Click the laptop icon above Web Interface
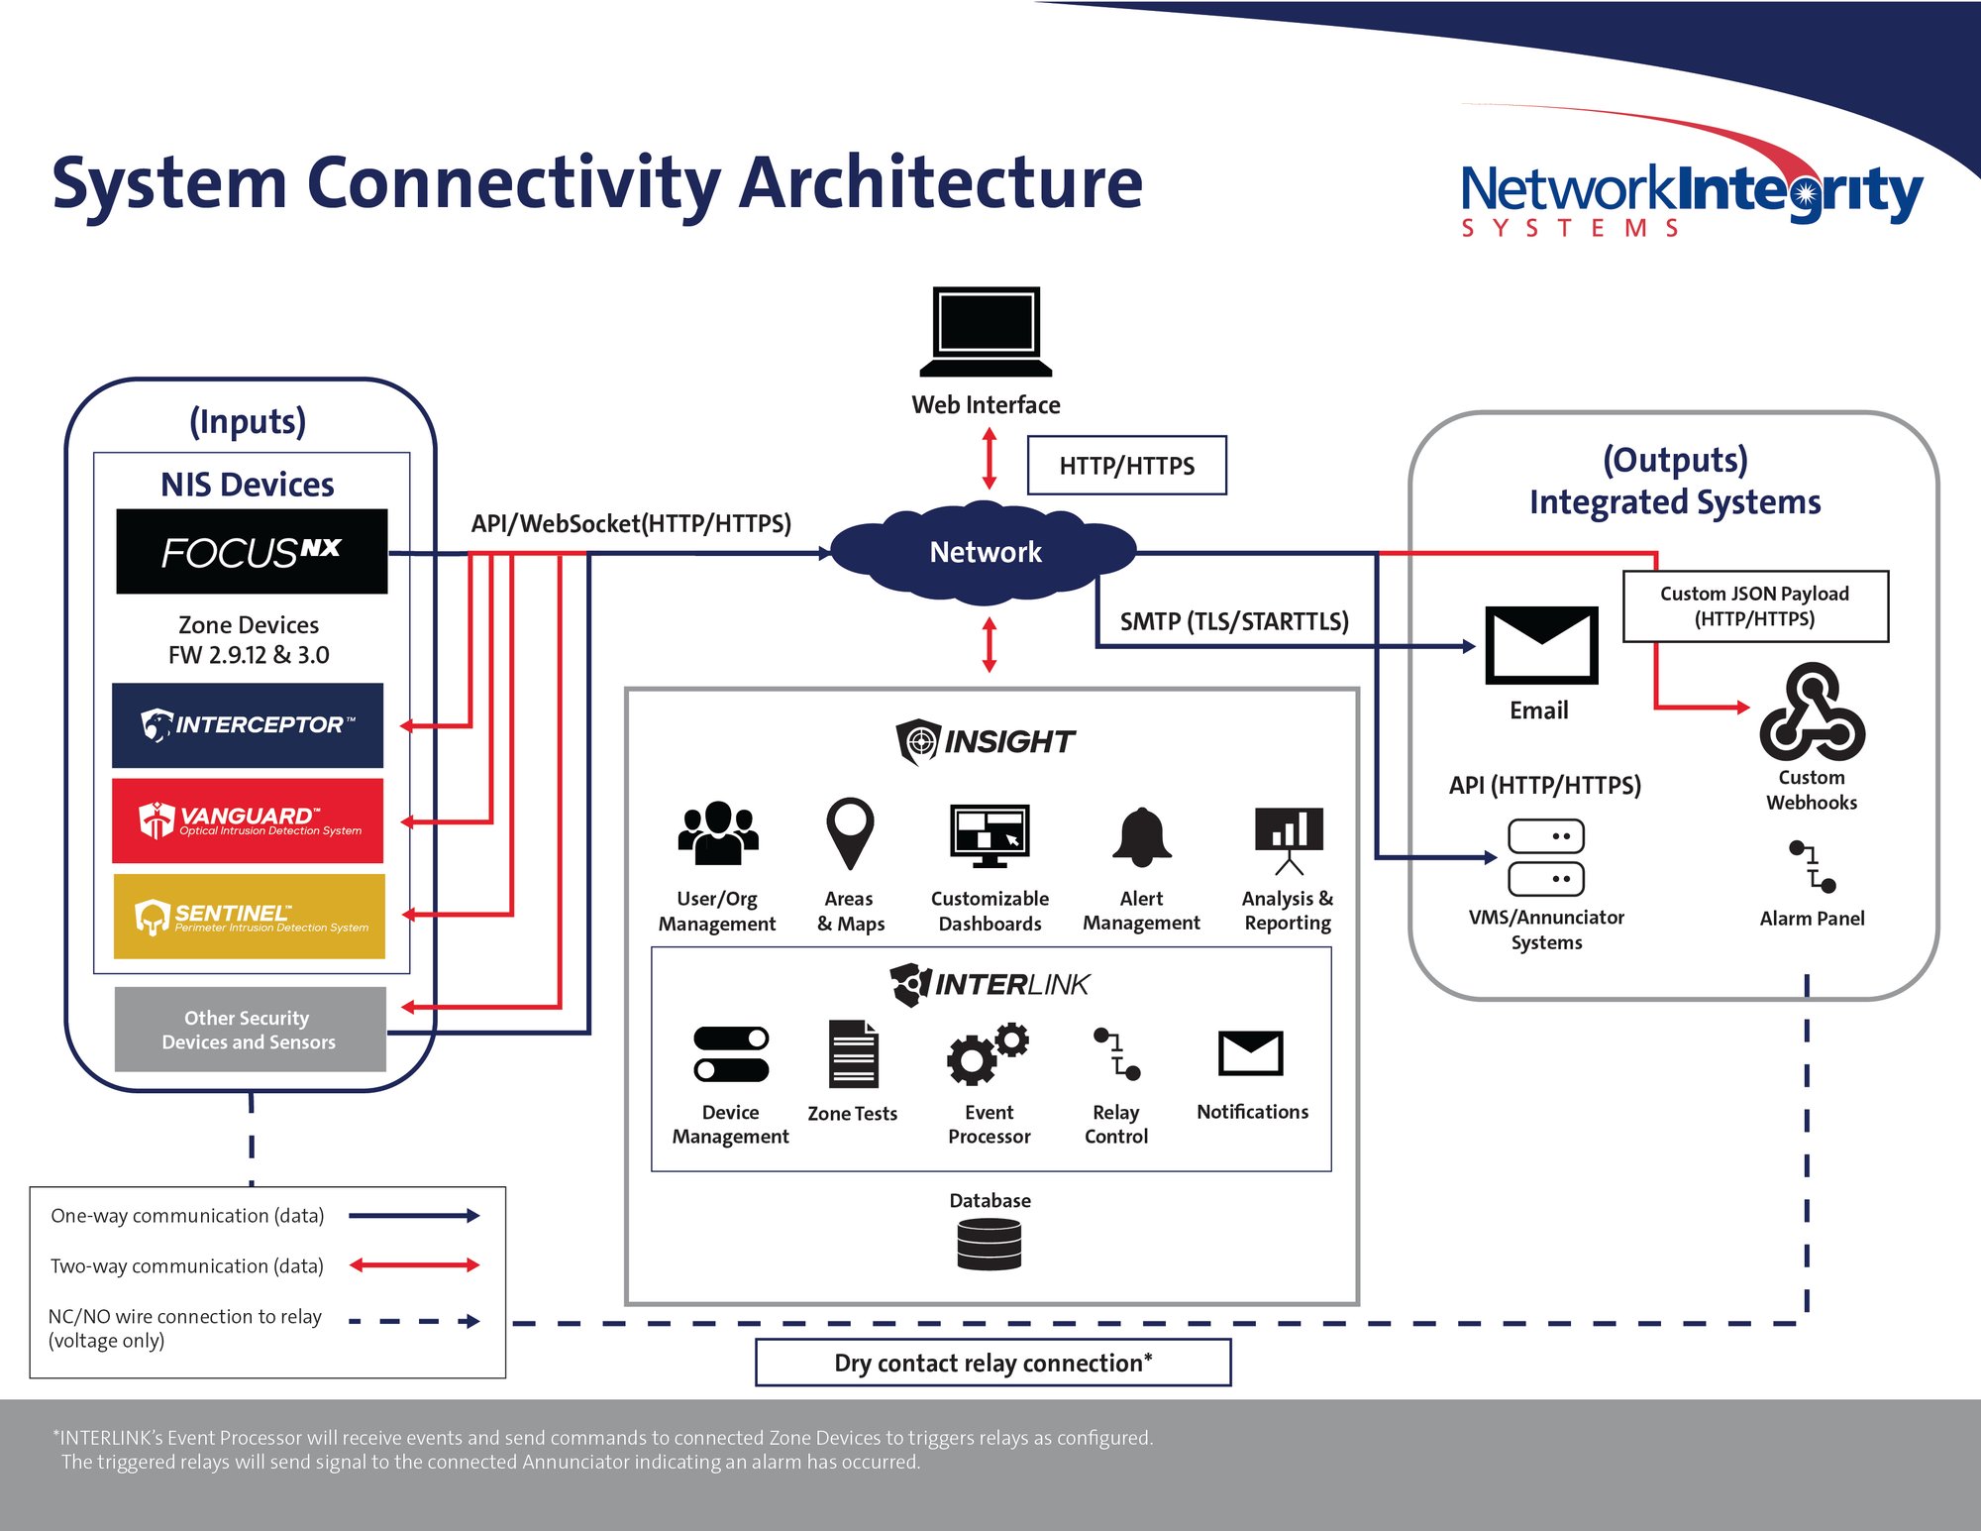pos(986,332)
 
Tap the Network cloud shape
pos(985,553)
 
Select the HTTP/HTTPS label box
pos(1126,466)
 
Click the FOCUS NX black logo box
pos(252,552)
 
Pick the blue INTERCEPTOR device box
pos(248,725)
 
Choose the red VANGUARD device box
pos(248,820)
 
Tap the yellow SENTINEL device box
pos(249,917)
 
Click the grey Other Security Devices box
pos(250,1030)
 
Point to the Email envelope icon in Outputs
pos(1541,645)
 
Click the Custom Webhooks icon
pos(1812,713)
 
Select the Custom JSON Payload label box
pos(1755,605)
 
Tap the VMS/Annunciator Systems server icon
pos(1545,857)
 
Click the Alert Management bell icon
pos(1142,838)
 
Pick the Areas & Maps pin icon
pos(850,833)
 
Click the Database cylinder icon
pos(989,1245)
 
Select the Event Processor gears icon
pos(987,1054)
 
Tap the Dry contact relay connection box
pos(992,1363)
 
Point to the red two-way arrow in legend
pos(414,1265)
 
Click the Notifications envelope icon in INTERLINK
pos(1251,1053)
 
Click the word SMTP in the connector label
pos(1150,621)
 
